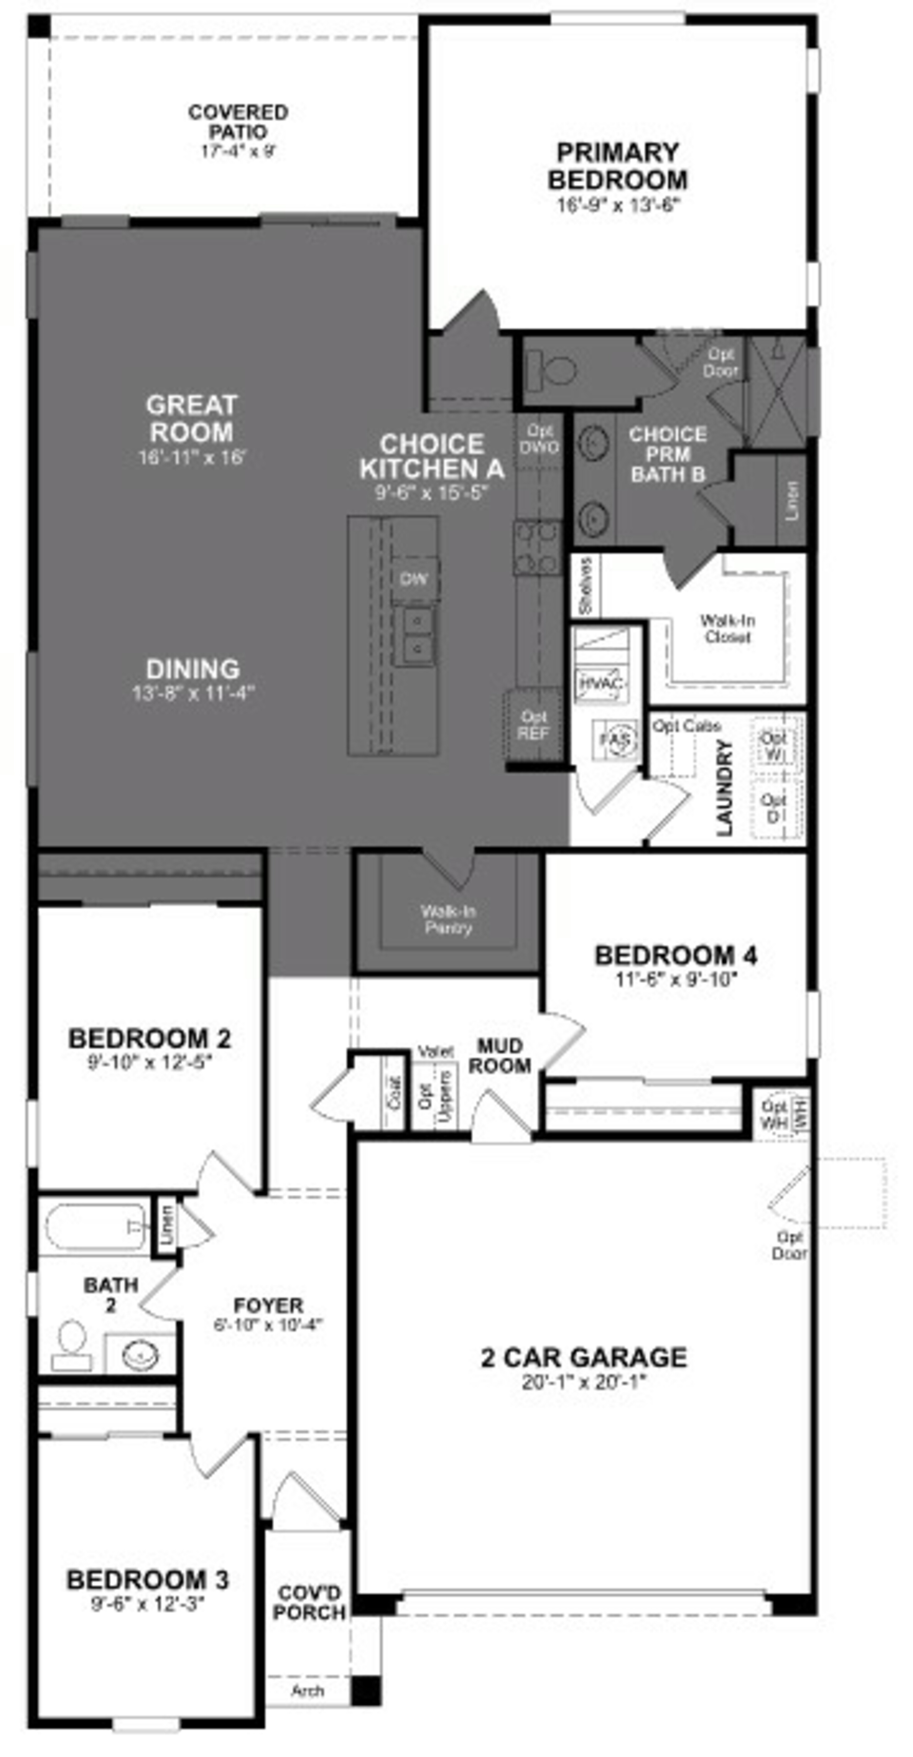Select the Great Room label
(x=192, y=418)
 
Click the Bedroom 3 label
(x=148, y=1580)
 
